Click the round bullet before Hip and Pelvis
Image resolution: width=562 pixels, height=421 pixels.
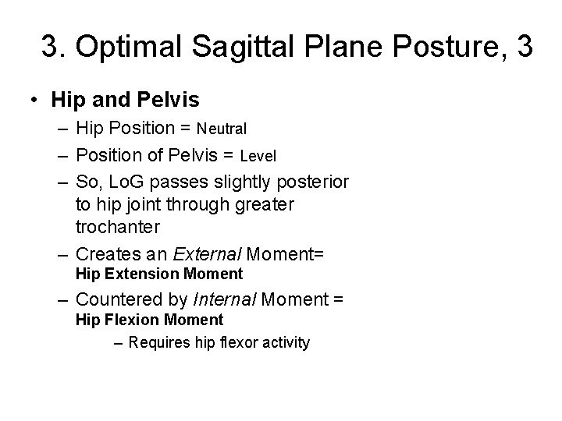(x=35, y=101)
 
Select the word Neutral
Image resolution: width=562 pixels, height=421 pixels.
(x=222, y=128)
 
